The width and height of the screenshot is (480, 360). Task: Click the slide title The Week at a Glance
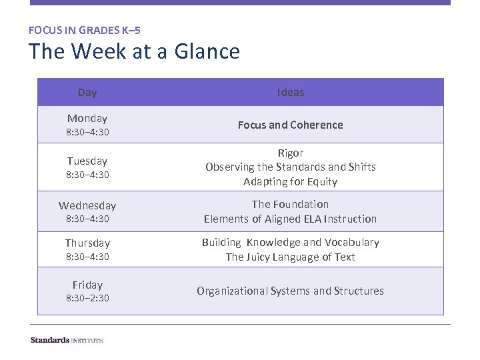(134, 51)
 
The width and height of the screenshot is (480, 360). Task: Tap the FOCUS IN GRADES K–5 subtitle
(85, 30)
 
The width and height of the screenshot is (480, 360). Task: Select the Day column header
(87, 93)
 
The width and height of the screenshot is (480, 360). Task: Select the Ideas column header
(290, 93)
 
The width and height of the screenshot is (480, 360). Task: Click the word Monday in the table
(87, 118)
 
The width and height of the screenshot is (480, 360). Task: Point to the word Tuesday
(87, 161)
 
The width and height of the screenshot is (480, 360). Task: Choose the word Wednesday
(87, 205)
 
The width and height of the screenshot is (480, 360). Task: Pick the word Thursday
(87, 243)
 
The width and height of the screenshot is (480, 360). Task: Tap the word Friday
(87, 285)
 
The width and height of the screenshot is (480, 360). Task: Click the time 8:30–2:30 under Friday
(87, 298)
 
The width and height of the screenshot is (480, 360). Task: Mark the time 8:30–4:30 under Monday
(87, 132)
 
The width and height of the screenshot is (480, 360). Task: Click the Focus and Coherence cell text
(290, 125)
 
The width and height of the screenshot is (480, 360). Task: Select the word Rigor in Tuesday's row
(290, 153)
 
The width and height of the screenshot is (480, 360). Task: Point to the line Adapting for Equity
(290, 181)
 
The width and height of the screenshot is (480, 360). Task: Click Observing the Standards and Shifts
(290, 167)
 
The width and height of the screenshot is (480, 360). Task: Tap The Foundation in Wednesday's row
(290, 204)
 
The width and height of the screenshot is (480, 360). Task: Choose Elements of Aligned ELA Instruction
(290, 219)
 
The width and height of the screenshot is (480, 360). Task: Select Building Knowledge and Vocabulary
(290, 242)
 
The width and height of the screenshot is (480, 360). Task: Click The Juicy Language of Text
(290, 257)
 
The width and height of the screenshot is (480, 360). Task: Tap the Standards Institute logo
(67, 340)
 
